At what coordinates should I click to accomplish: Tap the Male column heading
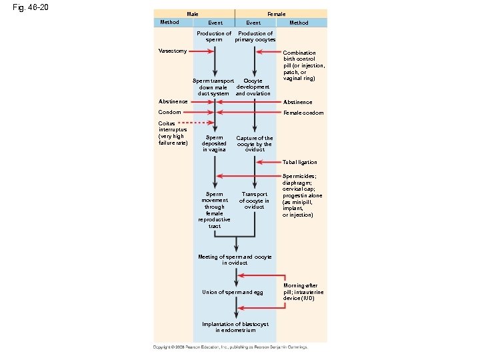click(192, 14)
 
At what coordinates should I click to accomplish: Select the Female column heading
click(276, 14)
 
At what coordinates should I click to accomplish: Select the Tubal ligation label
click(300, 162)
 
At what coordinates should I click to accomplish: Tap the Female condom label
click(304, 113)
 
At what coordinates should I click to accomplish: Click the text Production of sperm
click(214, 36)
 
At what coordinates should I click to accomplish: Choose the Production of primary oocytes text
click(255, 36)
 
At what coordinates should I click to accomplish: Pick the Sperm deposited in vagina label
click(214, 143)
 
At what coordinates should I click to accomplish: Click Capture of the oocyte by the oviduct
click(255, 143)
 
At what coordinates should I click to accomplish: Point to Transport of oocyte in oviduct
click(254, 200)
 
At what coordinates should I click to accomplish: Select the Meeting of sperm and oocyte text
click(235, 259)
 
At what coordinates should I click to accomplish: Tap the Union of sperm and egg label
click(233, 292)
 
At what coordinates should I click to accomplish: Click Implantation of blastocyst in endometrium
click(235, 327)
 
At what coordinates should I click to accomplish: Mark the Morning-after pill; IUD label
click(303, 291)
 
